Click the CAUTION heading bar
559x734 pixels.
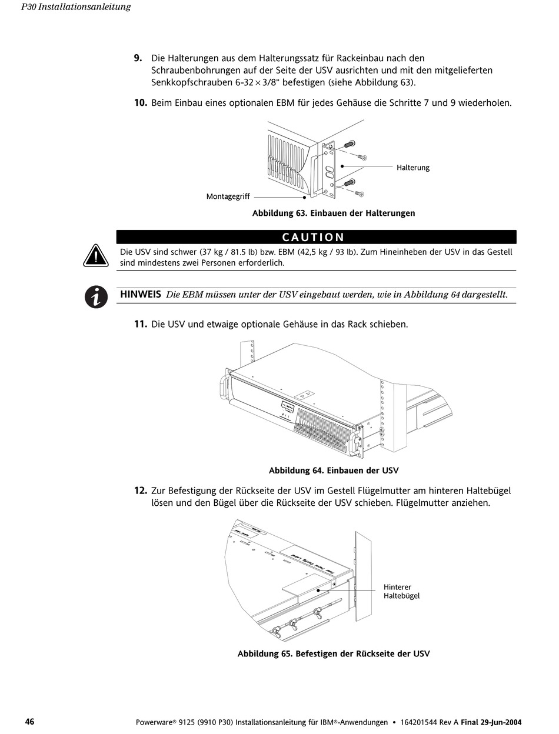pyautogui.click(x=316, y=237)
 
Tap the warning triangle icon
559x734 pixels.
pyautogui.click(x=95, y=256)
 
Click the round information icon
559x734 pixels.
pyautogui.click(x=96, y=296)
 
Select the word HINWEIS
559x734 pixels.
pyautogui.click(x=141, y=294)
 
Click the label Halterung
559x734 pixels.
pyautogui.click(x=412, y=168)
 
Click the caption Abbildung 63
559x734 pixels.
pyautogui.click(x=333, y=213)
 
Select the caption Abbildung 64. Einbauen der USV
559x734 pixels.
pyautogui.click(x=333, y=471)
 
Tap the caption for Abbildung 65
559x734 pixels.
pyautogui.click(x=333, y=653)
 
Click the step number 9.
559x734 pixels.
pyautogui.click(x=138, y=58)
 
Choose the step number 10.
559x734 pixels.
pyautogui.click(x=140, y=103)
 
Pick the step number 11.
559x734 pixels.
pyautogui.click(x=140, y=324)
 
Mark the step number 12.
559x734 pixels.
pyautogui.click(x=140, y=491)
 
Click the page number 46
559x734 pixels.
pyautogui.click(x=29, y=722)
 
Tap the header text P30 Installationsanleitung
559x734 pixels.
pyautogui.click(x=75, y=7)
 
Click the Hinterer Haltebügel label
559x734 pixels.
pyautogui.click(x=401, y=591)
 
